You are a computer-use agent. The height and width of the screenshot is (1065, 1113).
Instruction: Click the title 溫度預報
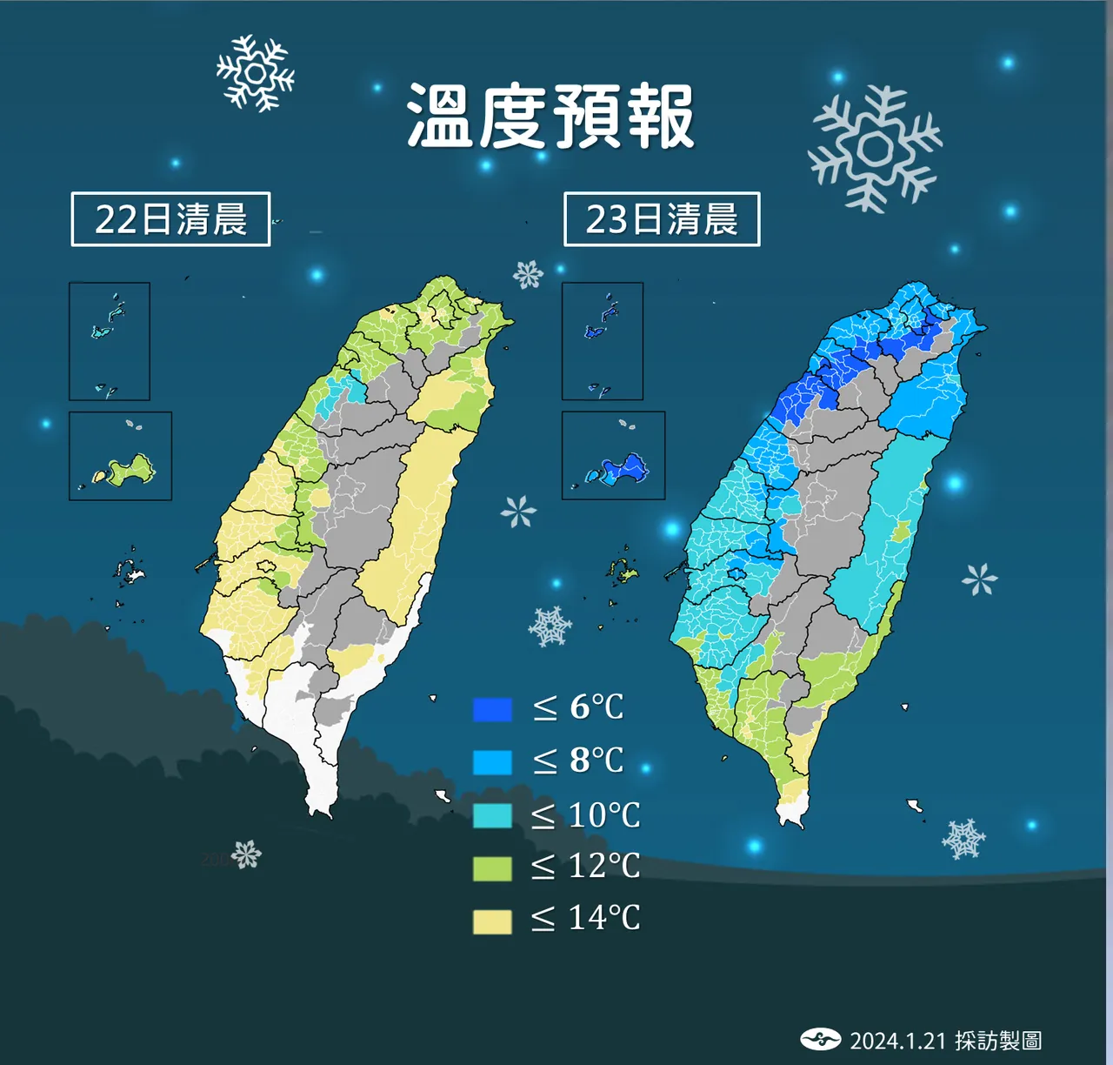tap(550, 116)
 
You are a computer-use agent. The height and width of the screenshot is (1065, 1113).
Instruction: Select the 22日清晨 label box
tap(170, 219)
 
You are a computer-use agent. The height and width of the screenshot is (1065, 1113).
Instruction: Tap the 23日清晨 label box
tap(662, 219)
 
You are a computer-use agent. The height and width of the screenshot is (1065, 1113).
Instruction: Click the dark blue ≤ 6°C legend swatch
tap(492, 709)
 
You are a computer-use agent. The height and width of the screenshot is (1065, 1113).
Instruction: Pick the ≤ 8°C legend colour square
tap(492, 762)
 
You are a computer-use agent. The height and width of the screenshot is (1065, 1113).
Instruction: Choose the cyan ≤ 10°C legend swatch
tap(492, 815)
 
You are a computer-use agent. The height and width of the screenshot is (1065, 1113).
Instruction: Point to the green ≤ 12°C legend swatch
tap(492, 868)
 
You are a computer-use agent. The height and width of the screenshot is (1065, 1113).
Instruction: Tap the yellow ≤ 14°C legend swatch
tap(492, 921)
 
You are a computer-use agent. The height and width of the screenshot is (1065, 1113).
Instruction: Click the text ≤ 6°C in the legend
tap(579, 708)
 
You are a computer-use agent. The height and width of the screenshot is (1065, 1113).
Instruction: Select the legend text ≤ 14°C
tap(586, 919)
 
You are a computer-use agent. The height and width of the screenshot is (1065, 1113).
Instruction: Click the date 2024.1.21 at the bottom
tap(897, 1042)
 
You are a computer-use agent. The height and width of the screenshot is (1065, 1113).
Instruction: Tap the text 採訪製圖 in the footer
tap(998, 1042)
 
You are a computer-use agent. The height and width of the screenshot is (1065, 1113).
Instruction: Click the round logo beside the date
tap(820, 1039)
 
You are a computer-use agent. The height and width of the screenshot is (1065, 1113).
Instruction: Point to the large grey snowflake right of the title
tap(874, 149)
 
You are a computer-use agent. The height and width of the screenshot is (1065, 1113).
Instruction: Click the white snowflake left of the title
tap(255, 73)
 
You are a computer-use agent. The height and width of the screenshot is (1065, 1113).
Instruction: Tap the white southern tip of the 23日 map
tap(792, 815)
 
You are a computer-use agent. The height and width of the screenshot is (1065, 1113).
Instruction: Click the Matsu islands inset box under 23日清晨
tap(603, 341)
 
